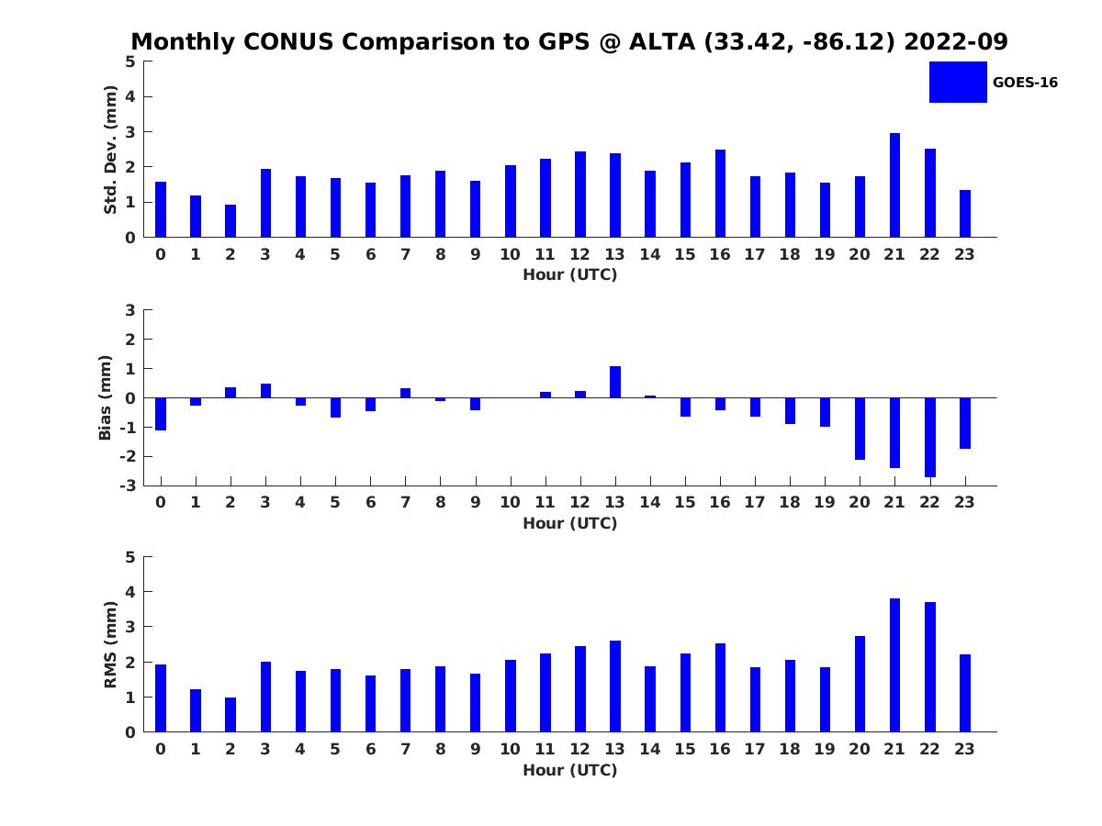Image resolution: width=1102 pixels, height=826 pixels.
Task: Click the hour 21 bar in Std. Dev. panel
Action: coord(894,185)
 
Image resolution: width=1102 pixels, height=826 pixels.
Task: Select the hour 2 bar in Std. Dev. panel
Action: coord(231,221)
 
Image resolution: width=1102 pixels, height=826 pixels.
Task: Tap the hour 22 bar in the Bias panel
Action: coord(929,437)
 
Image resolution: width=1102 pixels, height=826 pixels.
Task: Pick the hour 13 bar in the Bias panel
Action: coord(615,382)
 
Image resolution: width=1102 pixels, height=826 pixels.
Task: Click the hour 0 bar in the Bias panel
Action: coord(161,414)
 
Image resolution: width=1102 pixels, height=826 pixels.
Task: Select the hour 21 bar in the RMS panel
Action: coord(894,665)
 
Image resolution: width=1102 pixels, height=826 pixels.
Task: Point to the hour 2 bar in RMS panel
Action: coord(231,715)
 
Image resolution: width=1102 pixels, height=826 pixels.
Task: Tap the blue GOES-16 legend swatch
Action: coord(958,82)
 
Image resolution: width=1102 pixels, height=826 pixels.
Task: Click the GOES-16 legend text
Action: coord(1025,83)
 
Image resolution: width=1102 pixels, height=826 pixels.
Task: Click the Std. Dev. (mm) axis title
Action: coord(110,150)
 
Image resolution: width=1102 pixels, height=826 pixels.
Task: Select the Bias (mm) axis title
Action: coord(106,397)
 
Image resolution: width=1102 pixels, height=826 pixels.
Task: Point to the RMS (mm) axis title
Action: coord(110,644)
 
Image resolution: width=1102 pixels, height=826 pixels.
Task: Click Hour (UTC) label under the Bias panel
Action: coord(569,523)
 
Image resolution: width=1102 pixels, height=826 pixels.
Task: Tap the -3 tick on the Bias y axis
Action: coord(129,486)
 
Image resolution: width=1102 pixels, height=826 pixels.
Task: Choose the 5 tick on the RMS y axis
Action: coord(130,557)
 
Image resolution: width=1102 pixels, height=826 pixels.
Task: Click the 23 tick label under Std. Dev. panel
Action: coord(964,254)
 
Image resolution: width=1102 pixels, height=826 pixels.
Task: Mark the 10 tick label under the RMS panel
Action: coord(510,749)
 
